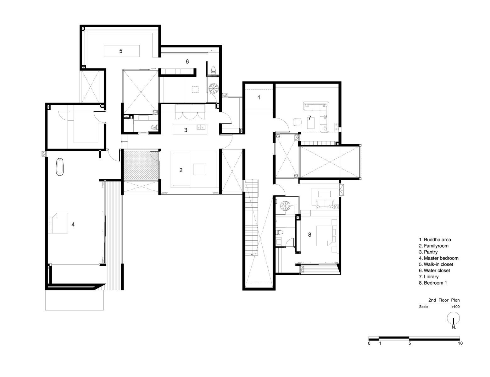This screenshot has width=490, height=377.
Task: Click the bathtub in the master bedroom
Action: coord(60,167)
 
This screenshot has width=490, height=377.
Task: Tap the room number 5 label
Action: coord(121,51)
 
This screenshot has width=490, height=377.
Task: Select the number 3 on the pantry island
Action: coord(186,130)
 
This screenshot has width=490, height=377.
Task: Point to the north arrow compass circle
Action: coord(453,319)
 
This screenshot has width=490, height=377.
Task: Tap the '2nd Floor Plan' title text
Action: coord(444,300)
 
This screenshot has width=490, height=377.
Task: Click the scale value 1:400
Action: coord(455,307)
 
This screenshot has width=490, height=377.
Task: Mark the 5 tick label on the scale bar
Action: coord(409,343)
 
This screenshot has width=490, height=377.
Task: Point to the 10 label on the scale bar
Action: coord(460,343)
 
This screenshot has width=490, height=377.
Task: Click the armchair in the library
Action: coord(297,122)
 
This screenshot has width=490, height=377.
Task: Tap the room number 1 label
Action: coord(259,97)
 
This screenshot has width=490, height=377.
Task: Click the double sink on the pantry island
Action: coord(201,127)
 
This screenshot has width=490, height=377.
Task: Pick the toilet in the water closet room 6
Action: coord(213,70)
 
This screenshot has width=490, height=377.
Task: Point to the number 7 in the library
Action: coord(309,117)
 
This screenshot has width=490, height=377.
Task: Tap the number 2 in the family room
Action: coord(181,170)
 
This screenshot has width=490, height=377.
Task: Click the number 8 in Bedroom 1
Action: coord(309,235)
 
